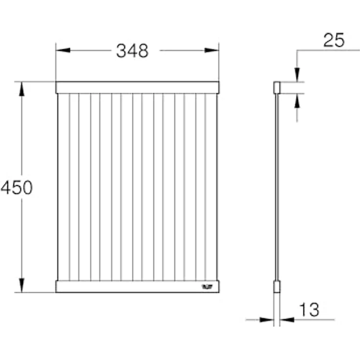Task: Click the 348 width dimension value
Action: click(132, 50)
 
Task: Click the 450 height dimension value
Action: click(16, 187)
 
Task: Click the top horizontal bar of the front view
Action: click(137, 88)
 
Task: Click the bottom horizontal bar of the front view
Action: click(137, 287)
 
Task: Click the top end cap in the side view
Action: click(276, 88)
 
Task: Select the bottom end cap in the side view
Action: click(276, 287)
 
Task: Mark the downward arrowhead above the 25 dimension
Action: click(297, 75)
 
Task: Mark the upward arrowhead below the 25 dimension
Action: click(297, 100)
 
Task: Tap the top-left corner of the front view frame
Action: click(56, 82)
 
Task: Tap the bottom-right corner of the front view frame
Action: click(218, 292)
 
